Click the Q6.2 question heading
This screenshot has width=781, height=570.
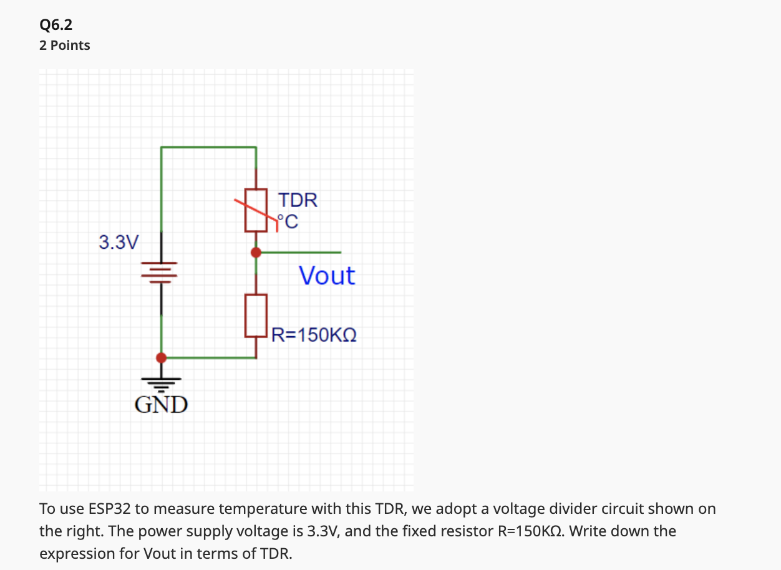(56, 25)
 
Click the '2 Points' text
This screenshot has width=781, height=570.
(65, 46)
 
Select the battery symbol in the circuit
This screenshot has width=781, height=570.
(162, 272)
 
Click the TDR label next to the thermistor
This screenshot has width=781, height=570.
(298, 201)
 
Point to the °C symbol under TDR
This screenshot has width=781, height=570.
(288, 221)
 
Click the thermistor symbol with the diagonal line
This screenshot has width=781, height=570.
(256, 210)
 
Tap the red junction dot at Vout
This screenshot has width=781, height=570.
(256, 253)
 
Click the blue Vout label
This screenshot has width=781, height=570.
(327, 276)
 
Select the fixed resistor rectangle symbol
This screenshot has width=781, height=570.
(256, 316)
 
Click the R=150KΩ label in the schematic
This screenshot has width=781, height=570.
(314, 336)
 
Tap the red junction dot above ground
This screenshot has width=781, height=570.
(162, 358)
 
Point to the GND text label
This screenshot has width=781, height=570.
(162, 405)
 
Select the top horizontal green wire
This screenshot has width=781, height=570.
(208, 147)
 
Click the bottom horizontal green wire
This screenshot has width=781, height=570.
(209, 358)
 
